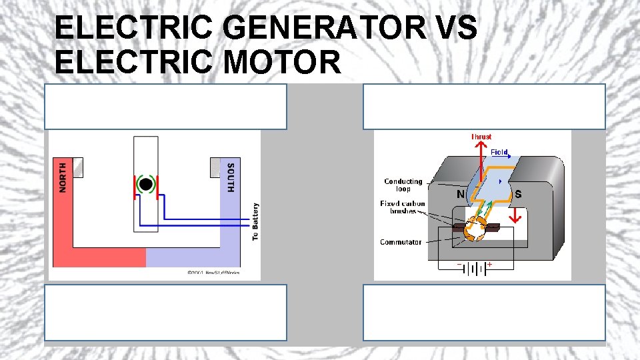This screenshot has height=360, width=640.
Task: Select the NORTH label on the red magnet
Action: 63,177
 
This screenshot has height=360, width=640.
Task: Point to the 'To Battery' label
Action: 255,221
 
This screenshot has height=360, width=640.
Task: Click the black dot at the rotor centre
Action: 146,184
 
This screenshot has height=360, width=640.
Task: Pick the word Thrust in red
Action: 481,137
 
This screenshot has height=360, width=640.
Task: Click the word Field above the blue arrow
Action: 500,152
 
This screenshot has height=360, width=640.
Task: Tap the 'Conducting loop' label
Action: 403,185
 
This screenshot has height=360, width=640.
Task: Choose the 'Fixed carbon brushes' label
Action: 403,207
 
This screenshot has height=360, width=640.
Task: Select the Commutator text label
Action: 401,242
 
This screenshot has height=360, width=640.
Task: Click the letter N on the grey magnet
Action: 461,195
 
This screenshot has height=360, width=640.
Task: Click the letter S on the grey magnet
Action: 518,195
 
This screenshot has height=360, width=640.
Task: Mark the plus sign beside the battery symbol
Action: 490,265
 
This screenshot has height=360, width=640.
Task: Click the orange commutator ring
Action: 475,229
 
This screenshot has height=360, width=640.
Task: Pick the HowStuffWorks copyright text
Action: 213,273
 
